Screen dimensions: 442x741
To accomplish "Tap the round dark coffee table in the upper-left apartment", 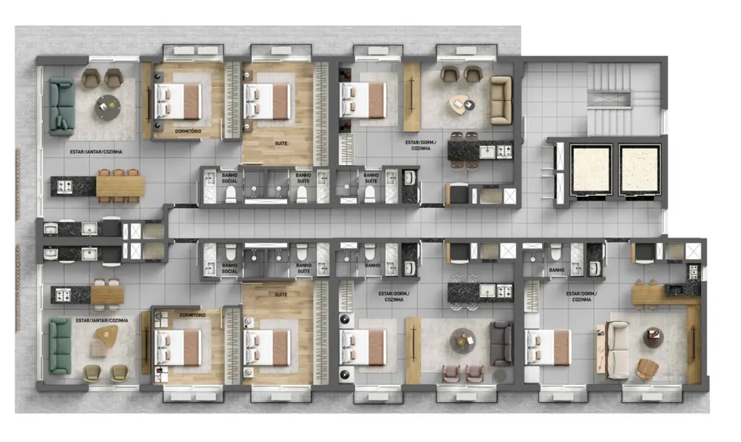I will click(107, 107).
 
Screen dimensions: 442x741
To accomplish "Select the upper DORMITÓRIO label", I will click(187, 132).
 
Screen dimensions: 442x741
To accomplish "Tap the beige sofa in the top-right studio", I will click(501, 100).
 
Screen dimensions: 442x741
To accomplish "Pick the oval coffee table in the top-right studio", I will click(463, 105).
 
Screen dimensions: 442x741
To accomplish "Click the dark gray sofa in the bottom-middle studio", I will click(501, 343).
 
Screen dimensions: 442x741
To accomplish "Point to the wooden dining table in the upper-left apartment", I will click(120, 186).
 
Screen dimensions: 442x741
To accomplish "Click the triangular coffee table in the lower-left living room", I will click(107, 334).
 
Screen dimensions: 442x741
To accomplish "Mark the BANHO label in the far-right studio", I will click(557, 270).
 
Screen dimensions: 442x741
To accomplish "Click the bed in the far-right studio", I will click(548, 347).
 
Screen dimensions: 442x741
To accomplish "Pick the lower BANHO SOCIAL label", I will click(230, 268).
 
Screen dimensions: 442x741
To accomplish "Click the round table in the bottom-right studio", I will click(653, 337).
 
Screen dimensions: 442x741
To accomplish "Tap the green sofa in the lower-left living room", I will click(59, 345).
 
